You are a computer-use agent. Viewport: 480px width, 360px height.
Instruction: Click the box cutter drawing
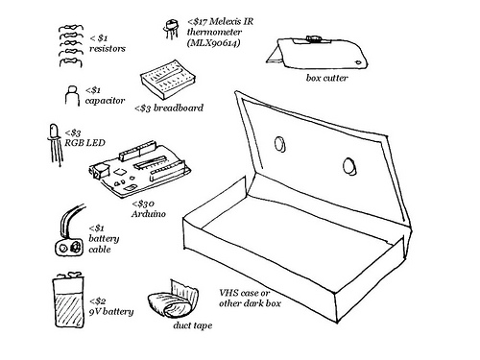click(x=318, y=49)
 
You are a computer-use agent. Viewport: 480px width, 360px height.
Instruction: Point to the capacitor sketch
click(x=69, y=94)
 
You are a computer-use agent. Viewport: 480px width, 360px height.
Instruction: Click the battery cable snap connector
click(x=68, y=248)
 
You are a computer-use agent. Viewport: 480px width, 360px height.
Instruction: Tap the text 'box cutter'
click(x=327, y=77)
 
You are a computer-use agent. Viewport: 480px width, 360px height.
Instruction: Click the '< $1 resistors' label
click(x=105, y=40)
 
